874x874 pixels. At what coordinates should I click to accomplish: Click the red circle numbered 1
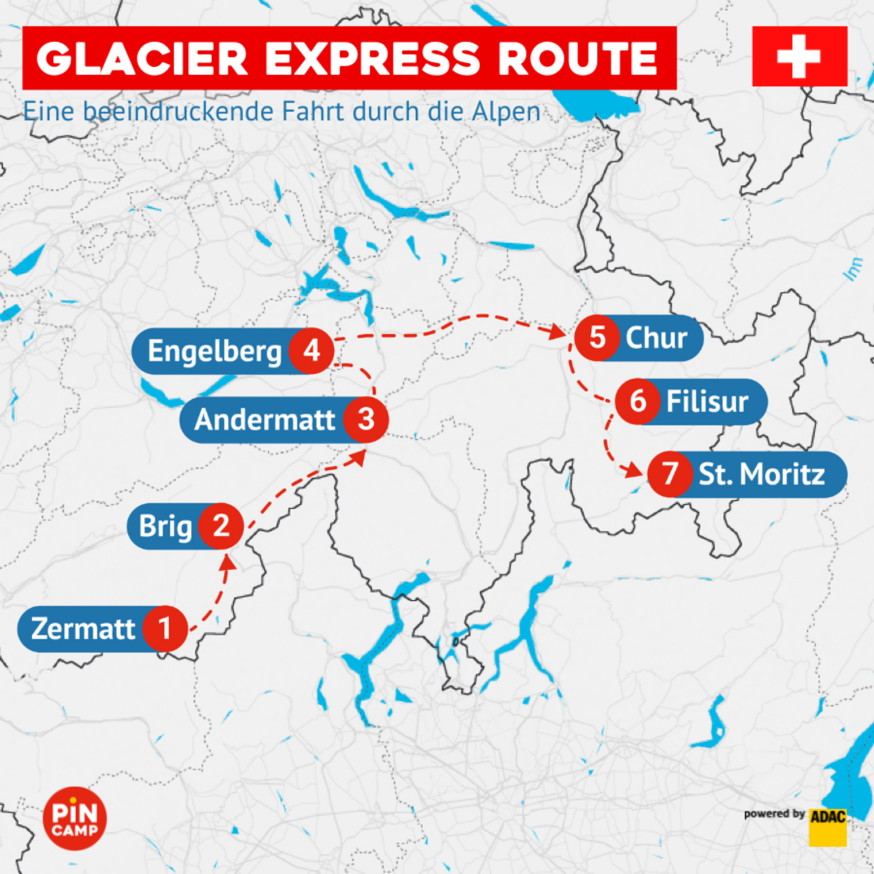point(165,628)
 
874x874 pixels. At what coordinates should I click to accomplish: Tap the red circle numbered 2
point(221,525)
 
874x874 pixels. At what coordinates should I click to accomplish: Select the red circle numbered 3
point(365,420)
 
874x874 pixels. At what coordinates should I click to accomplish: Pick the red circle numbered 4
point(311,351)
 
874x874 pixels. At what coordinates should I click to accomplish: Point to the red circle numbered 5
point(597,337)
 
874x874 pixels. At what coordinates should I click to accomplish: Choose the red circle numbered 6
point(637,401)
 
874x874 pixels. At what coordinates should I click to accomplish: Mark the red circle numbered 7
point(670,474)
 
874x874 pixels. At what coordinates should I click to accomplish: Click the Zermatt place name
point(83,629)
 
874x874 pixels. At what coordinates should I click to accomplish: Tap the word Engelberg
point(214,351)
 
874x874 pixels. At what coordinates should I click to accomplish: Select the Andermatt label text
point(264,420)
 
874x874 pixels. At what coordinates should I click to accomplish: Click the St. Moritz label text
point(761,474)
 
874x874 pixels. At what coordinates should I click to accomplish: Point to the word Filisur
point(707,401)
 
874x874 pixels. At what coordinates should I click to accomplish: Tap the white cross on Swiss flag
point(799,56)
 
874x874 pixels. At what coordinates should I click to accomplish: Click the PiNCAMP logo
point(75,818)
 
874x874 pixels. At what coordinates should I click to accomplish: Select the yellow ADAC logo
point(828,826)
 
